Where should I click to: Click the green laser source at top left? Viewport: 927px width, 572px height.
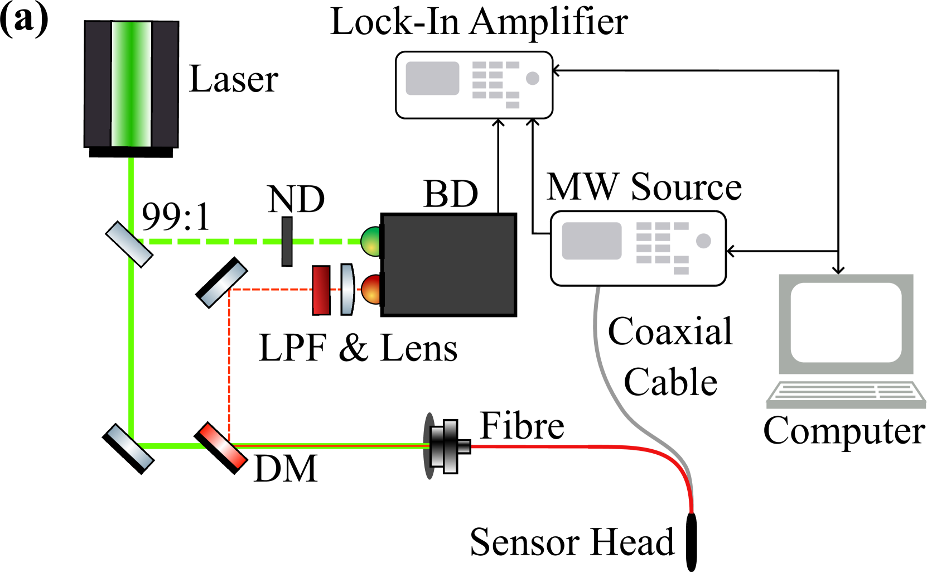tap(131, 84)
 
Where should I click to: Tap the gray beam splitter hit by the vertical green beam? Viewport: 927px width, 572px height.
tap(129, 244)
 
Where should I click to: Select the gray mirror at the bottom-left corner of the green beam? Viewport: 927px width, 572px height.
tap(130, 447)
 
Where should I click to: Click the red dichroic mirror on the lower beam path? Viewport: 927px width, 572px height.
tap(223, 446)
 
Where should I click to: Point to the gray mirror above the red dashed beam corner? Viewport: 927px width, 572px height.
tap(223, 285)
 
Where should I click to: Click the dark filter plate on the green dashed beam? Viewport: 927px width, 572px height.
tap(287, 242)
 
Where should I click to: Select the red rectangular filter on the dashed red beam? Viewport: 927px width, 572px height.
tap(321, 290)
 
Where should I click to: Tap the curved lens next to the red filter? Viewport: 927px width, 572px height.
tap(347, 290)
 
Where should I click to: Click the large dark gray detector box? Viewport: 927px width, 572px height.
tap(449, 265)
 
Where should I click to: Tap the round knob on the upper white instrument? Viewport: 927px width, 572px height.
tap(533, 78)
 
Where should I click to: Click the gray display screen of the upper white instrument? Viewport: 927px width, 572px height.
tap(432, 78)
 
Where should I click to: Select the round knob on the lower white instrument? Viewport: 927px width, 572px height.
tap(703, 241)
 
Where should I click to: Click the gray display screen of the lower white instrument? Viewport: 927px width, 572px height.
tap(591, 241)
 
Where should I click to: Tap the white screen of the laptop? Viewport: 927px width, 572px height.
tap(846, 322)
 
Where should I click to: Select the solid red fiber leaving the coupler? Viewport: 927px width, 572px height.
tap(558, 446)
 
